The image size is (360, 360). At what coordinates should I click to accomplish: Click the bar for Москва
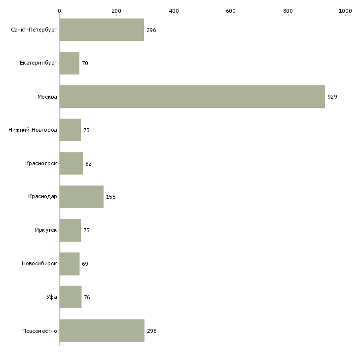click(x=192, y=97)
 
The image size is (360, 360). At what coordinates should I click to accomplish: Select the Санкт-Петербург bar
click(x=102, y=30)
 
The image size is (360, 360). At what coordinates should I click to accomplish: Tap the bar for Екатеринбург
click(x=70, y=63)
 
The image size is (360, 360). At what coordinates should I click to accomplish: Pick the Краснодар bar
click(x=81, y=197)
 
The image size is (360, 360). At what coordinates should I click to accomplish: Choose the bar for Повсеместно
click(x=102, y=330)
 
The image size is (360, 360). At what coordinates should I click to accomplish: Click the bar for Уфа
click(x=71, y=297)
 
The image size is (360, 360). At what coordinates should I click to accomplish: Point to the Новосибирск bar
click(x=70, y=264)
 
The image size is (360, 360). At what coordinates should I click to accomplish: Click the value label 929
click(x=332, y=97)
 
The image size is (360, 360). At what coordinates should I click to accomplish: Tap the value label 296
click(x=151, y=30)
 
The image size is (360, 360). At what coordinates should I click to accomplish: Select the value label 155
click(x=111, y=197)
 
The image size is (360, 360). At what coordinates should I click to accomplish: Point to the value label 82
click(x=88, y=164)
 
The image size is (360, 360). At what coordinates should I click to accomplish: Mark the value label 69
click(x=85, y=264)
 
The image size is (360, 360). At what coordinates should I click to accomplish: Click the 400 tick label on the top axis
click(x=174, y=11)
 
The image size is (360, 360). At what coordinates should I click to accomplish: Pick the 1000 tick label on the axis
click(x=345, y=11)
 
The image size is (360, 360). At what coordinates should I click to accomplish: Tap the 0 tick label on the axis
click(x=60, y=11)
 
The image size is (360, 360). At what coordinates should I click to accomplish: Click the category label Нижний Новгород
click(x=33, y=130)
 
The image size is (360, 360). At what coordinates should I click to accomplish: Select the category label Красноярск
click(x=41, y=163)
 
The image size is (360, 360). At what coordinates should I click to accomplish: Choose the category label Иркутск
click(x=46, y=230)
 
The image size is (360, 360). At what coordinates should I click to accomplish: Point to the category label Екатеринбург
click(x=38, y=63)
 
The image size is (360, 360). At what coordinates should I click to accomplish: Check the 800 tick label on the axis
click(x=288, y=11)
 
